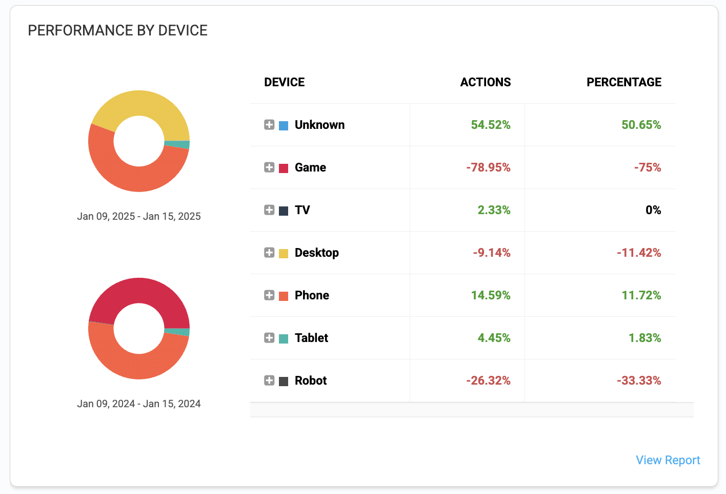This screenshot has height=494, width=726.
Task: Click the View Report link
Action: (668, 460)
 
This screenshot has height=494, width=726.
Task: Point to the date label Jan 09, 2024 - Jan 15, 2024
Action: (139, 404)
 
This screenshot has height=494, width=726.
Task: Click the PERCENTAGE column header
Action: (623, 82)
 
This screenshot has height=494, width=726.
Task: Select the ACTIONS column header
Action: (485, 82)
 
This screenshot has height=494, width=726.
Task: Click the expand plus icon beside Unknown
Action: (269, 125)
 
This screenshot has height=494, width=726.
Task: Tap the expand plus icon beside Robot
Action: (269, 381)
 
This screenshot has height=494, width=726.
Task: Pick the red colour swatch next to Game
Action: (284, 168)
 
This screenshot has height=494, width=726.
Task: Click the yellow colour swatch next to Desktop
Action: (284, 253)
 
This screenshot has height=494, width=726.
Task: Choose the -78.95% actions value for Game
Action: (488, 167)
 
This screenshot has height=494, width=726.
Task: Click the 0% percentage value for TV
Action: (653, 210)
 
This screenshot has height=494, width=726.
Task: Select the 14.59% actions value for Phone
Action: (491, 295)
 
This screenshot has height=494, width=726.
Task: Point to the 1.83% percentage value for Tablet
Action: (644, 338)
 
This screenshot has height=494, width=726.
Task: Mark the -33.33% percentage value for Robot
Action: (639, 381)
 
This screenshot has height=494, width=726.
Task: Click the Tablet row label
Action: (311, 338)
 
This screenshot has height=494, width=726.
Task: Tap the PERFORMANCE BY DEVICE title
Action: (118, 31)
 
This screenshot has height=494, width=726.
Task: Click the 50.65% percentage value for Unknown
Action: (641, 125)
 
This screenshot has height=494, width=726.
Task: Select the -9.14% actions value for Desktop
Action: (492, 253)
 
